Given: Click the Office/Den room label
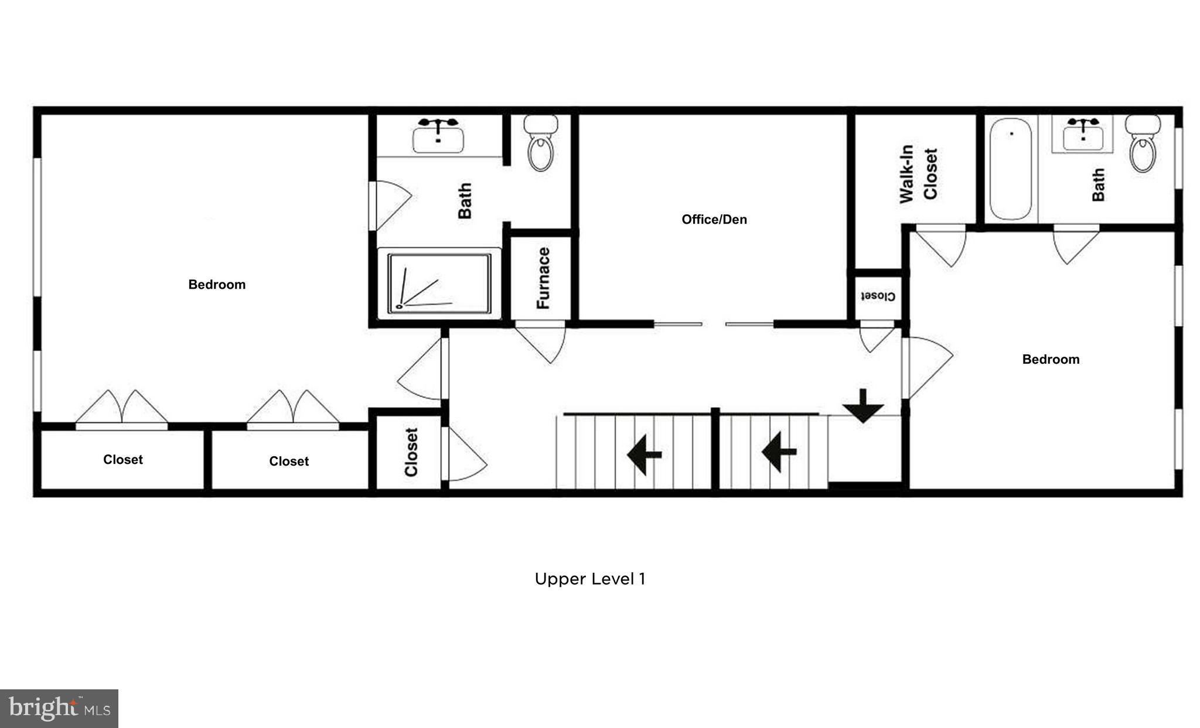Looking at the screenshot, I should click(x=714, y=220).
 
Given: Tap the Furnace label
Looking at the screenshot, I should click(x=543, y=278).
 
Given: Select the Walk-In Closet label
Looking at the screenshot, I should click(x=918, y=174).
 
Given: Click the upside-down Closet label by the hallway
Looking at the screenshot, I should click(x=877, y=296).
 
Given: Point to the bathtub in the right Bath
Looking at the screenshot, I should click(x=1011, y=169).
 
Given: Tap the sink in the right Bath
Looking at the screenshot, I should click(x=1082, y=135).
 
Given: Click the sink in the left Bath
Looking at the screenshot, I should click(x=438, y=136).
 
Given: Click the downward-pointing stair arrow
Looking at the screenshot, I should click(x=863, y=406).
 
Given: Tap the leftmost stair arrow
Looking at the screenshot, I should click(x=644, y=454).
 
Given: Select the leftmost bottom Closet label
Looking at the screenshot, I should click(x=123, y=460).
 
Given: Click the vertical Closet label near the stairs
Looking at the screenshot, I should click(x=411, y=452).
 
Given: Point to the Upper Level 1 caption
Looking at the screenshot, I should click(x=589, y=579).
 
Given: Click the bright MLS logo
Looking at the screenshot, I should click(x=59, y=709).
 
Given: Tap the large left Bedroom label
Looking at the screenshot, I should click(x=217, y=285).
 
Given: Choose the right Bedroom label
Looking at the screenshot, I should click(x=1050, y=360).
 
